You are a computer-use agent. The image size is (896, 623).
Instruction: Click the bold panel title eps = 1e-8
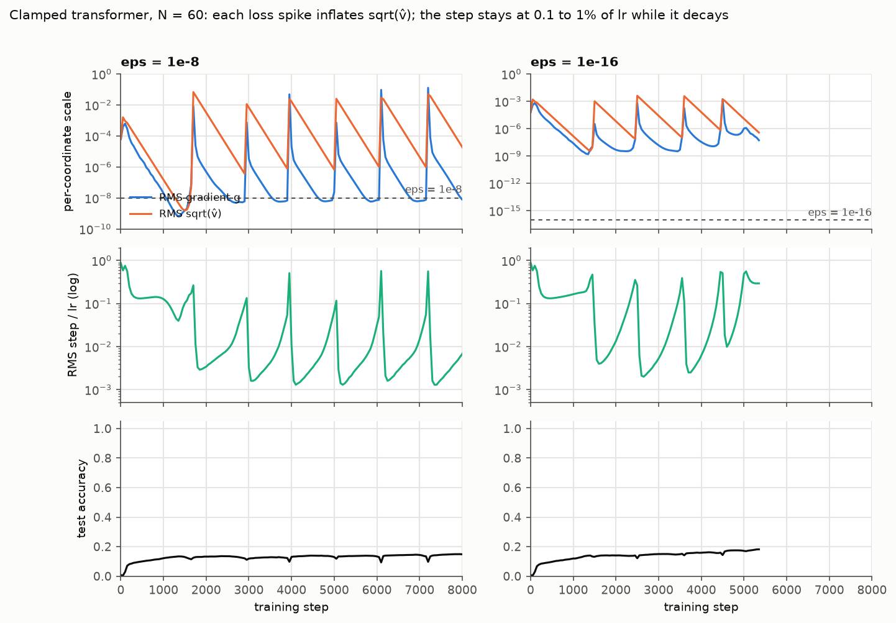click(x=160, y=62)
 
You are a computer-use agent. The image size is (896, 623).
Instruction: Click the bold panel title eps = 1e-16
click(x=574, y=62)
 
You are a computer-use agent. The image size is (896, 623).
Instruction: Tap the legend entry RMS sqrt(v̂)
click(x=190, y=214)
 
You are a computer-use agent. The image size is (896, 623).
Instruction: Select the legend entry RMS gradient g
click(x=199, y=197)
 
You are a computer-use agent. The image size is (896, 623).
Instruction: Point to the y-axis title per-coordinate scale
click(x=67, y=151)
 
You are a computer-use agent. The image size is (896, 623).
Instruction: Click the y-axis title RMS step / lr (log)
click(x=73, y=325)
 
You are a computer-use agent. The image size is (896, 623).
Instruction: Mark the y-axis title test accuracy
click(x=81, y=498)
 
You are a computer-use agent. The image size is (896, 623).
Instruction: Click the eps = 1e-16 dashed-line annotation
click(x=839, y=212)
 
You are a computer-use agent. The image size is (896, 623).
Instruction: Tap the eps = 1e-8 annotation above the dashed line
click(x=433, y=189)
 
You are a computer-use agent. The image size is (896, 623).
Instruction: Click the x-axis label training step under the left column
click(x=291, y=607)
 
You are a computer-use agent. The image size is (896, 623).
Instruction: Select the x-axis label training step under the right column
click(x=701, y=607)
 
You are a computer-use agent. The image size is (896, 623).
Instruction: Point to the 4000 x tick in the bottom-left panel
click(x=291, y=590)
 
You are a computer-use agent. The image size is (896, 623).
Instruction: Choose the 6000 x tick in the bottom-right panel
click(x=787, y=590)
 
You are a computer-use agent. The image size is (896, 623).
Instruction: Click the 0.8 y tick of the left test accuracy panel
click(x=103, y=458)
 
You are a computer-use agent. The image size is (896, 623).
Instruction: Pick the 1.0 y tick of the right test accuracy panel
click(x=512, y=429)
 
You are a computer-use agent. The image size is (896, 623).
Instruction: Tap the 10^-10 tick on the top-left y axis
click(x=95, y=229)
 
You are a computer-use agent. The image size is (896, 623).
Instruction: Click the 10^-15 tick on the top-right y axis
click(x=505, y=211)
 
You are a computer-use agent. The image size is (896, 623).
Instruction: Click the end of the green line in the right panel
click(x=759, y=283)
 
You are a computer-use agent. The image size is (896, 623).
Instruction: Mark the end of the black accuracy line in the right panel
click(x=759, y=550)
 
